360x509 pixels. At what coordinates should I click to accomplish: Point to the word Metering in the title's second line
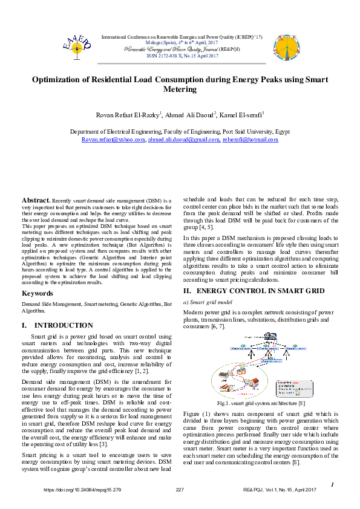point(180,89)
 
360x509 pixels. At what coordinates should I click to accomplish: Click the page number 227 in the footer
point(180,490)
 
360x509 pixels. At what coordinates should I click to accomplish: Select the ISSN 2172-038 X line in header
point(183,56)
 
